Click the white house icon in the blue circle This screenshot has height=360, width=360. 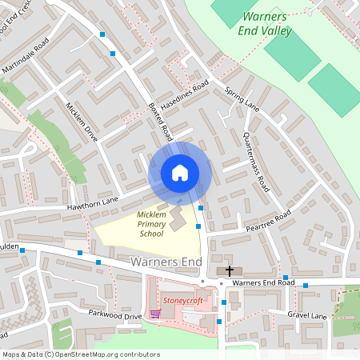(x=180, y=173)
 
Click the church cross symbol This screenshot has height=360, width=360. (x=230, y=271)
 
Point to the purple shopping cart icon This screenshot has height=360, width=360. (x=154, y=313)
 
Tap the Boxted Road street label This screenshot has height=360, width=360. (x=161, y=122)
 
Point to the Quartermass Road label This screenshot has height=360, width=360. (x=257, y=161)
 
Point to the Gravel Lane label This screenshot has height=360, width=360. (x=307, y=315)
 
